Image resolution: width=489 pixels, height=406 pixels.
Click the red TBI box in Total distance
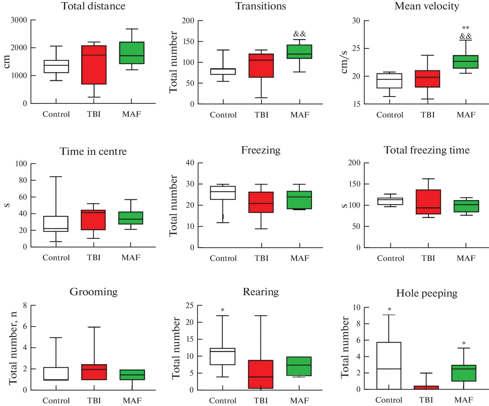coord(94,65)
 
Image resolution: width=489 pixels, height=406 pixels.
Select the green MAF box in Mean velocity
coord(466,62)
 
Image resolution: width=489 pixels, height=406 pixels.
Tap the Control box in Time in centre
coord(56,224)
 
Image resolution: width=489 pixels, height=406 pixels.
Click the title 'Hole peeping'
coord(427,293)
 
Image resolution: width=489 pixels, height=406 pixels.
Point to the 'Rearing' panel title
coord(261,292)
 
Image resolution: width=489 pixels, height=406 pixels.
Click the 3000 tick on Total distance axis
coord(19,20)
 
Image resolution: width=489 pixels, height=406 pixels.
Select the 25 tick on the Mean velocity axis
coord(356,48)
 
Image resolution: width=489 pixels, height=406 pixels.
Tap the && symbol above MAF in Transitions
coord(300,34)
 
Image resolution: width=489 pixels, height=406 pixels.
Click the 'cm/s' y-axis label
coord(344,62)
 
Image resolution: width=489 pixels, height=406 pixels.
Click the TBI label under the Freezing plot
coord(261,258)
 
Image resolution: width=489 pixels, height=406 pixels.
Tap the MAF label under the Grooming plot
coord(132,401)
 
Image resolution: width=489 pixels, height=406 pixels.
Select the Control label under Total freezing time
coord(390,258)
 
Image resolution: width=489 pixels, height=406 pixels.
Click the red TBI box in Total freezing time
coord(428,202)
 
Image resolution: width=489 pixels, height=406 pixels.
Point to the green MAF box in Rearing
coord(299,366)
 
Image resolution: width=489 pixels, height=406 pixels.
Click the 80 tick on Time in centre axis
coord(22,180)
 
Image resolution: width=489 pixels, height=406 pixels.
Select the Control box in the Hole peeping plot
coord(389,366)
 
